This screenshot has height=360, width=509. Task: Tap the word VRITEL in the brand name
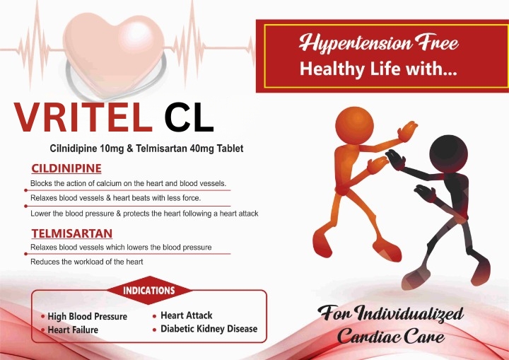coord(83,117)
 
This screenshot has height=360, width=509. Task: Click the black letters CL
coord(189,117)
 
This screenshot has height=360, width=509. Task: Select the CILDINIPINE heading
coord(66,168)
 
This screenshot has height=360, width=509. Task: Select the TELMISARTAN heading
coord(72,233)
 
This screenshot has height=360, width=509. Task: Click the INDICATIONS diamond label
coord(149,290)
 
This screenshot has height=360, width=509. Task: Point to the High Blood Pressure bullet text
coord(88,316)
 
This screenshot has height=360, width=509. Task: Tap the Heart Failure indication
coord(73,330)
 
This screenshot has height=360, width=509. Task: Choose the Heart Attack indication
coord(187,315)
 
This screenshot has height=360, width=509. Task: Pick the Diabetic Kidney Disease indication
coord(209,329)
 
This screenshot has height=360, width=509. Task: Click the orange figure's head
coord(354,125)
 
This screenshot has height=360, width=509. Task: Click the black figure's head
coord(449,153)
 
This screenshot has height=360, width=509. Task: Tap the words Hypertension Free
coord(378,43)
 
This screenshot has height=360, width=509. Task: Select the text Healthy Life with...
coord(378,69)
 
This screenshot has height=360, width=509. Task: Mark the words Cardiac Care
coord(391,336)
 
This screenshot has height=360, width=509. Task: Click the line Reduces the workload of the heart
coord(87,262)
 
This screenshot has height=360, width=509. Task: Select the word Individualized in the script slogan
coord(409,314)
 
